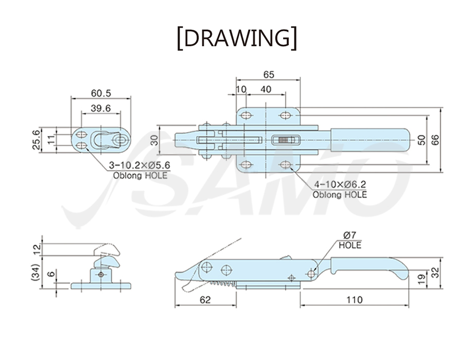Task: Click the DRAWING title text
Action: point(237,38)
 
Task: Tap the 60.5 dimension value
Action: point(101,93)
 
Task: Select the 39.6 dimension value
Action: point(101,108)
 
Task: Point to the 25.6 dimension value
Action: point(36,139)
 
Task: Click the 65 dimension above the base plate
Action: point(269,75)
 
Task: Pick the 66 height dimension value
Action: point(435,139)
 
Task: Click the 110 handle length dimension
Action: point(354,300)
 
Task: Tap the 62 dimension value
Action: point(205,300)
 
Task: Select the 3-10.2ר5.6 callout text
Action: point(139,165)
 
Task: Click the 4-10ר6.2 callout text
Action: point(340,184)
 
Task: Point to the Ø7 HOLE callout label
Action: point(350,240)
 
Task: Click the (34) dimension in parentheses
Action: point(36,273)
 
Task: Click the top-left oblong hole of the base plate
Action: point(246,115)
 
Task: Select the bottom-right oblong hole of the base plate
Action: point(285,165)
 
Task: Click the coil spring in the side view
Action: point(223,283)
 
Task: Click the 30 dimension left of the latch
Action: point(154,140)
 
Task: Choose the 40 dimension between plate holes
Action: point(266,89)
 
